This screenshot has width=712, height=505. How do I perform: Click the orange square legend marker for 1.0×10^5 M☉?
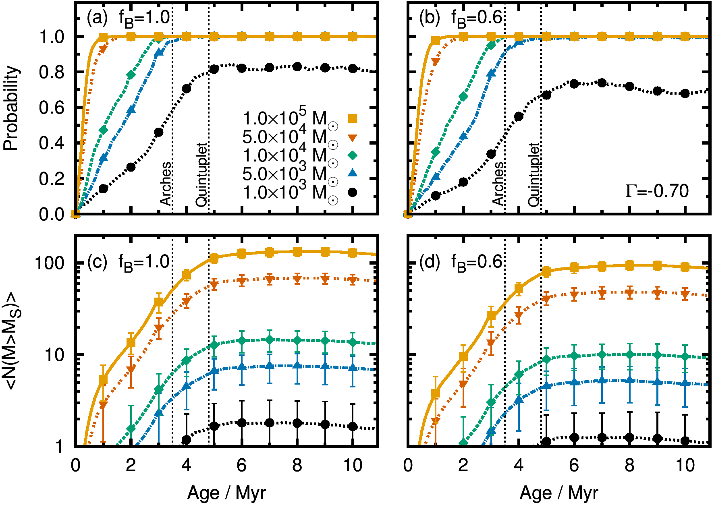coord(353,118)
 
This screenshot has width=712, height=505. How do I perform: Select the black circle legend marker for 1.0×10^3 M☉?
coord(353,192)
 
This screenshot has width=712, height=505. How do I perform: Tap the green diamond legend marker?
coord(353,155)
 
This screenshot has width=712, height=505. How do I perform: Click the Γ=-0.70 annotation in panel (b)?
coord(657,191)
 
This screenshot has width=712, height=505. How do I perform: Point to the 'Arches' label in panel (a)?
coord(166,184)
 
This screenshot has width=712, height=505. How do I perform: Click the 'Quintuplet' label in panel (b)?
coord(533,175)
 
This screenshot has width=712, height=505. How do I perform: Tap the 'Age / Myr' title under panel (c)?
coord(226,493)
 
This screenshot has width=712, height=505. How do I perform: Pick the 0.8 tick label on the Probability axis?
coord(52,72)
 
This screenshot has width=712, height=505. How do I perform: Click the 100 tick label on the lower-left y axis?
coord(50,263)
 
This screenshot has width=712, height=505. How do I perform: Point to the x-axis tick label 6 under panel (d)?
coord(574,466)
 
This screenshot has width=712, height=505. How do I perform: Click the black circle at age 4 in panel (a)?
coord(186,89)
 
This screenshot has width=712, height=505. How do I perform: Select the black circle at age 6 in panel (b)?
coord(574,84)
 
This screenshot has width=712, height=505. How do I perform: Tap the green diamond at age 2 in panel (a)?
coord(131,75)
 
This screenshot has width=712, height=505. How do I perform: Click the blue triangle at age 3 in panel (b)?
coord(491,73)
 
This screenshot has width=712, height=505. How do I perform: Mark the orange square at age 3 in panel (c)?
coord(159,302)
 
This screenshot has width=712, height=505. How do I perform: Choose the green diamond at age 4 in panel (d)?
coord(519,375)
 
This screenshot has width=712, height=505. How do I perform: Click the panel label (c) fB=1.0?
coord(128,262)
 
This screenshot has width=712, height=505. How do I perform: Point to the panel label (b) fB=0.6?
coord(461,18)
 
